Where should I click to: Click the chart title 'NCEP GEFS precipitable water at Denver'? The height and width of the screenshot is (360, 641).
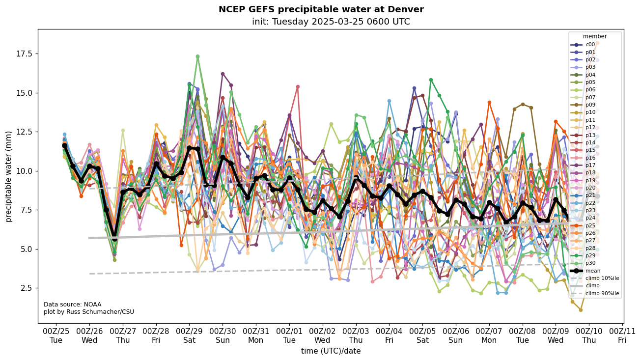click(x=321, y=9)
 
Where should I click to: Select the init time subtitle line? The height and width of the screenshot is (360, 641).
click(x=331, y=22)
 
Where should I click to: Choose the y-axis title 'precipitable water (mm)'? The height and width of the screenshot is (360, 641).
click(x=9, y=176)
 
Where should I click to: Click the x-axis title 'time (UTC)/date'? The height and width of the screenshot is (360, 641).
click(x=331, y=351)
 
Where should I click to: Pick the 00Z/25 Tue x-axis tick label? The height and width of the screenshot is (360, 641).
click(x=56, y=335)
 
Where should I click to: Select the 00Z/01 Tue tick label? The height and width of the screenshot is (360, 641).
click(x=289, y=335)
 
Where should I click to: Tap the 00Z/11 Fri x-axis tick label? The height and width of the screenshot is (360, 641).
click(x=622, y=335)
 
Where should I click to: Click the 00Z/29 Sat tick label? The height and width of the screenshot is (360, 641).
click(x=190, y=335)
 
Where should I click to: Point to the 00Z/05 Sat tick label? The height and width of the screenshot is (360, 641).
click(x=422, y=335)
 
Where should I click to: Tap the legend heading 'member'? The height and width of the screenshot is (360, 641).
click(x=595, y=36)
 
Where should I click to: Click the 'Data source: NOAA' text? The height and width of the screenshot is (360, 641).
click(x=72, y=305)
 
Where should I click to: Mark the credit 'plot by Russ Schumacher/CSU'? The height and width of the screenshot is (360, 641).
click(x=88, y=312)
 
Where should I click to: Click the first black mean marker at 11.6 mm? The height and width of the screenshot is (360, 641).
click(x=64, y=146)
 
